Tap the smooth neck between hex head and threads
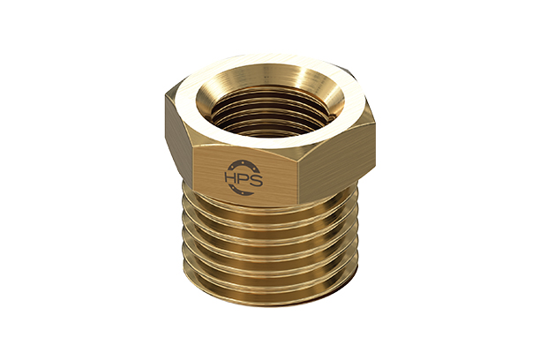click(265, 201)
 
